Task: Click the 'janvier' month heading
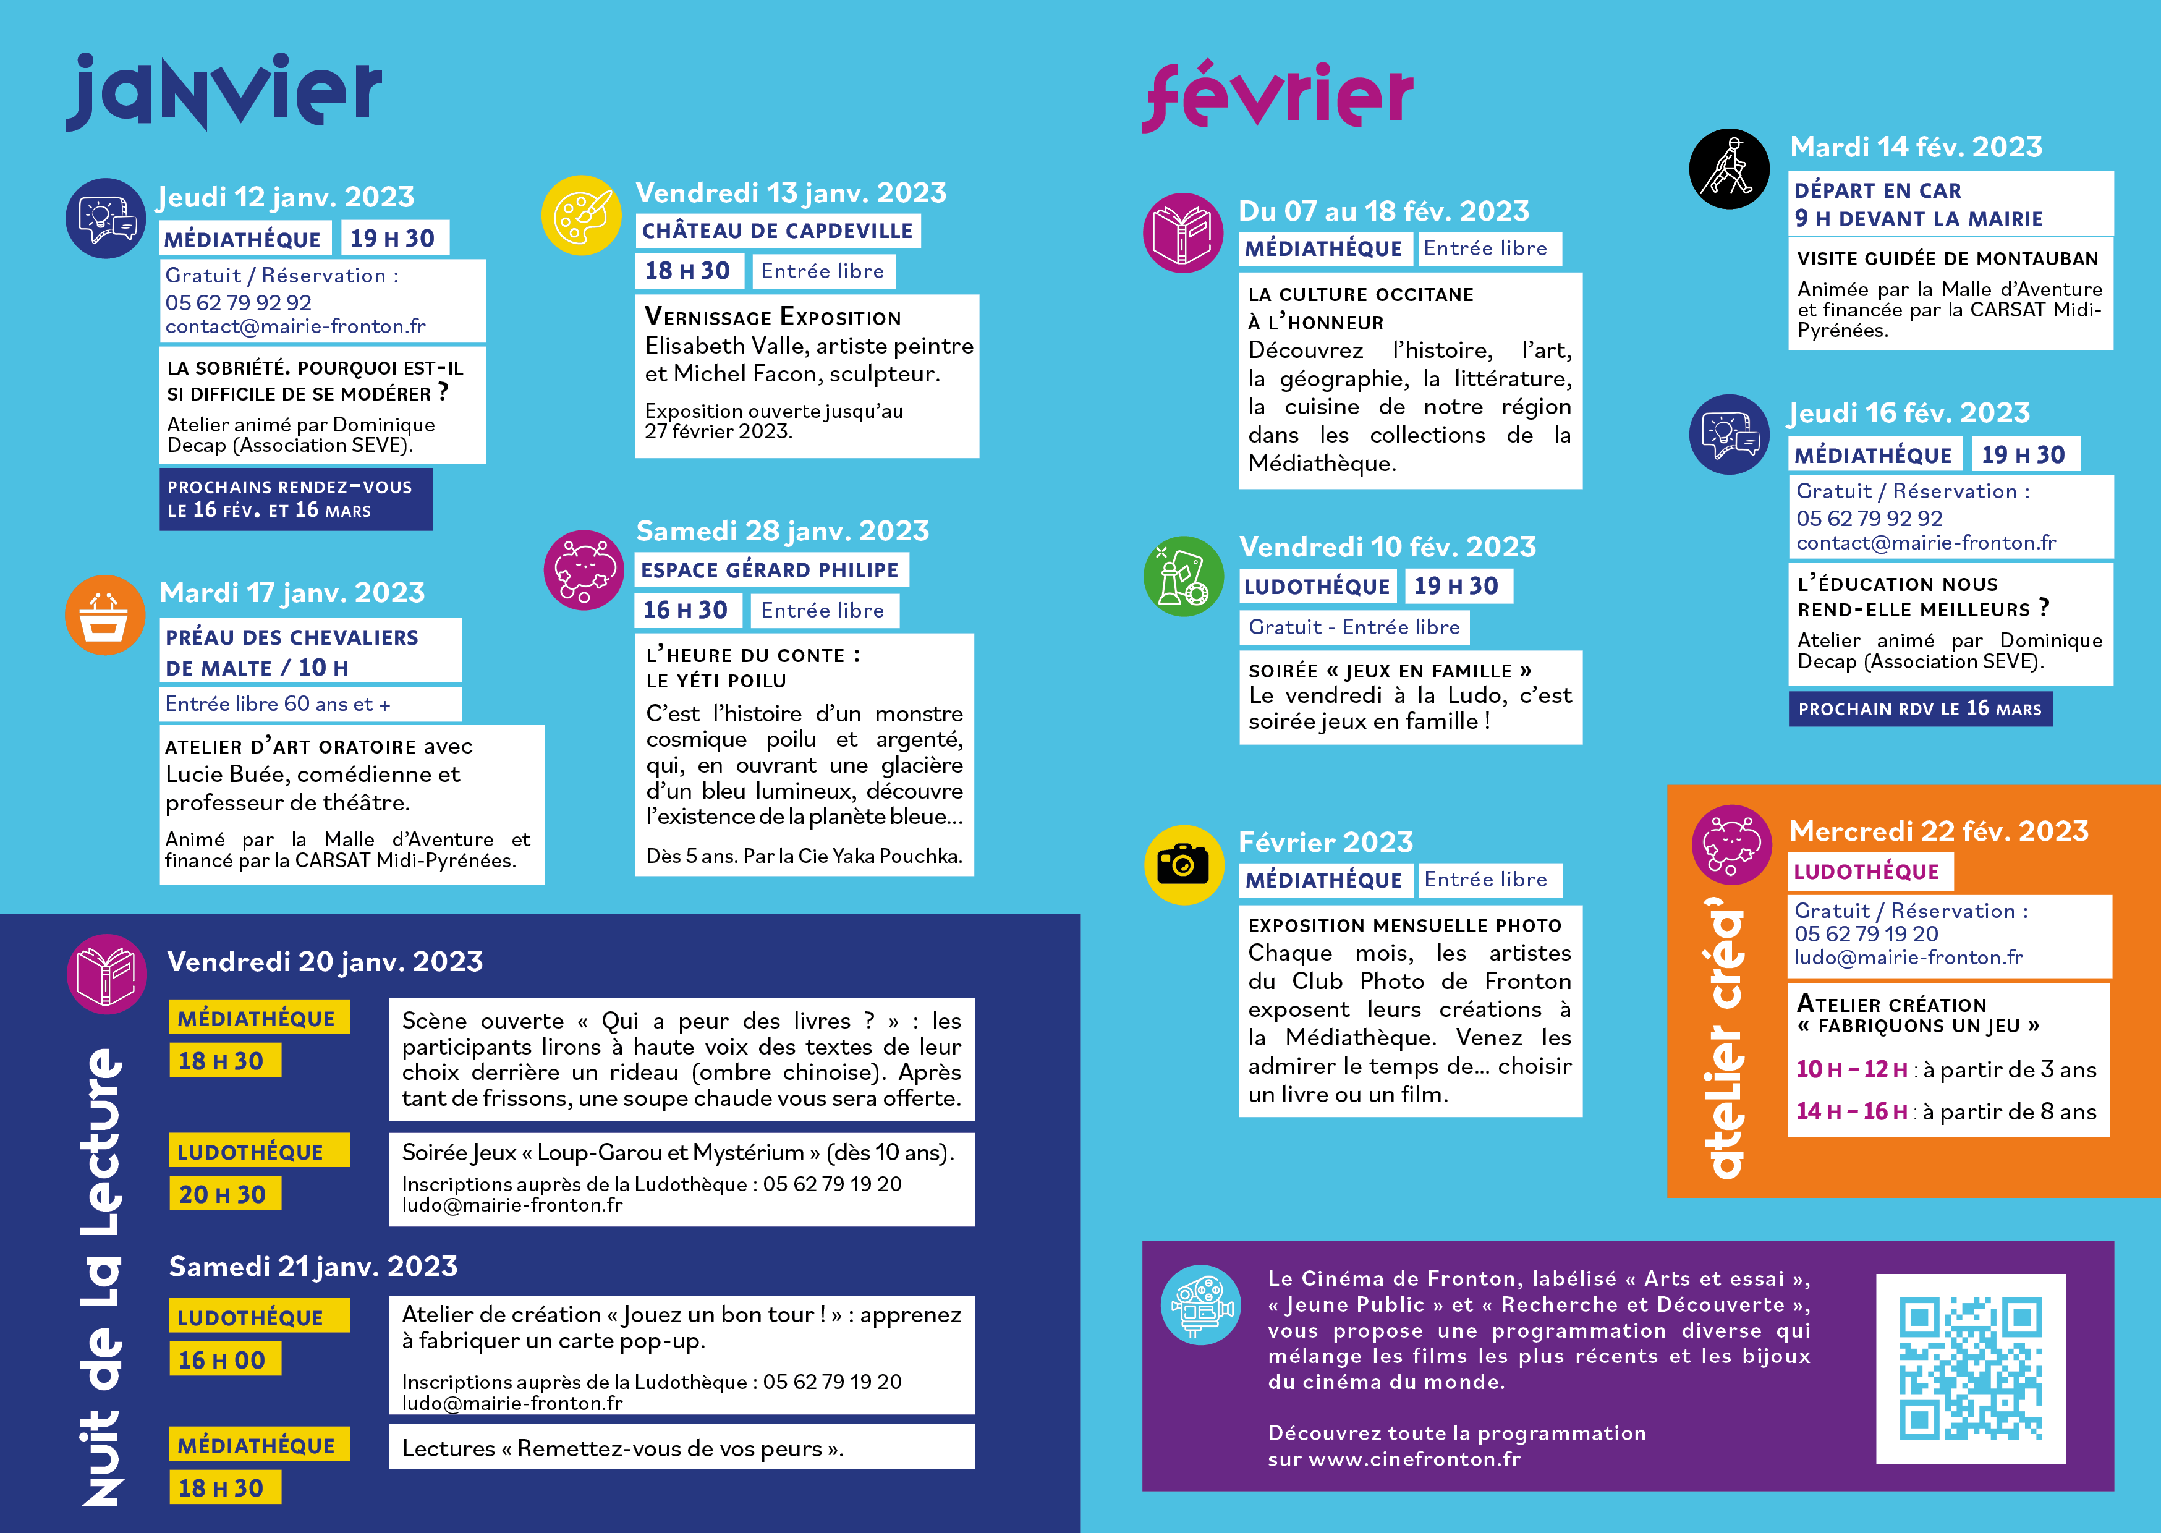(224, 91)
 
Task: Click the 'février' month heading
(1277, 96)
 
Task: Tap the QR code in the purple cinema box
(1971, 1368)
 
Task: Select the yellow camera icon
(1183, 865)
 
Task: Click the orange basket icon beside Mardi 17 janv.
(104, 616)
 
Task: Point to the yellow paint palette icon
(581, 215)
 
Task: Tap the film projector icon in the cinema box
(1200, 1304)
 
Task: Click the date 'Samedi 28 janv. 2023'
(783, 530)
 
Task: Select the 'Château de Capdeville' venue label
(778, 231)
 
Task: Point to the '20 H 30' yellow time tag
(224, 1194)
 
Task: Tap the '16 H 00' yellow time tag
(224, 1361)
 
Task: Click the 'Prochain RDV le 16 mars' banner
(1919, 709)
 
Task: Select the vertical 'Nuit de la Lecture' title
(102, 1275)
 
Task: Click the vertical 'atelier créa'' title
(1726, 1038)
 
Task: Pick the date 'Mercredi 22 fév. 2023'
(1938, 831)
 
